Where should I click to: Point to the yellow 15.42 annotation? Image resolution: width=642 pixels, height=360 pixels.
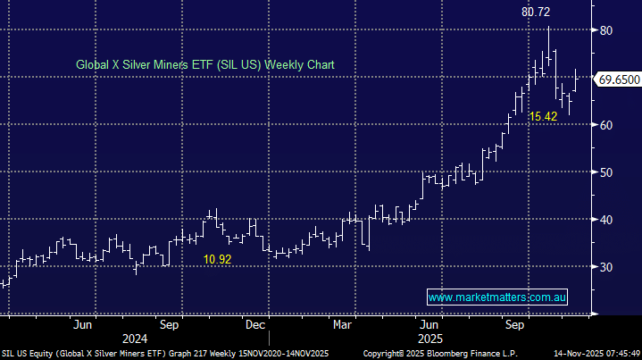543,117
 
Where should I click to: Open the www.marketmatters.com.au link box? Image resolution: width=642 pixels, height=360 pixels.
498,297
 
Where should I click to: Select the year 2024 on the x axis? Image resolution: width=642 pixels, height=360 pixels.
134,339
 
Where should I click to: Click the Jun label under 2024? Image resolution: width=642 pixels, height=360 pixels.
83,325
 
